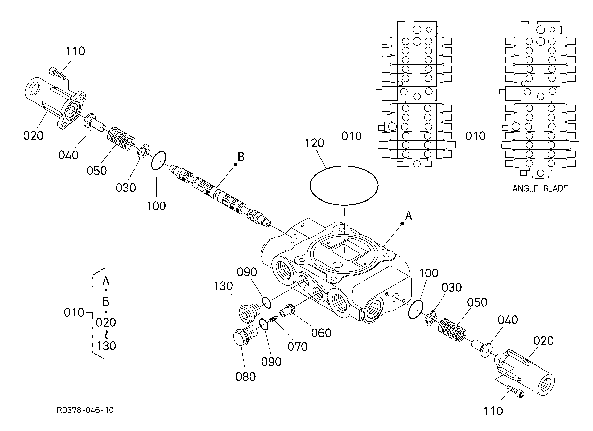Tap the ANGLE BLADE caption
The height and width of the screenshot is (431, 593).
tap(540, 188)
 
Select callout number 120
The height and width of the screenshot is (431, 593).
tap(315, 143)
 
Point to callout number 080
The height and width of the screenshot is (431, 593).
tap(245, 377)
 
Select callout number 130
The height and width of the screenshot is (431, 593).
tap(223, 286)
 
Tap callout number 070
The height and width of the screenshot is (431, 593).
tap(297, 347)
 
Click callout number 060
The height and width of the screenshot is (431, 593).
tap(321, 333)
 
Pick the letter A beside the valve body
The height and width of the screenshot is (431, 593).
tap(408, 216)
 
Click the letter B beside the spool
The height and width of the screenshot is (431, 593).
tap(241, 157)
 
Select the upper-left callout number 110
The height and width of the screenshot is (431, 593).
tap(75, 51)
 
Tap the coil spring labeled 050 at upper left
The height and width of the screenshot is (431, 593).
tap(121, 139)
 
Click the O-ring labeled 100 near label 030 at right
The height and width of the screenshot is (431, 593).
tap(415, 309)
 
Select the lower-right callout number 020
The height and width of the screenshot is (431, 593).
tap(543, 341)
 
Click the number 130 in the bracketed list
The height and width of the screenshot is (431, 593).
tap(106, 346)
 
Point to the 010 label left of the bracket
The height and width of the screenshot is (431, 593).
tap(74, 313)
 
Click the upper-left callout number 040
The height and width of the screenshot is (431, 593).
tap(68, 155)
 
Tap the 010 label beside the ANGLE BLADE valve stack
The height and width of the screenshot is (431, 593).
tap(475, 136)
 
